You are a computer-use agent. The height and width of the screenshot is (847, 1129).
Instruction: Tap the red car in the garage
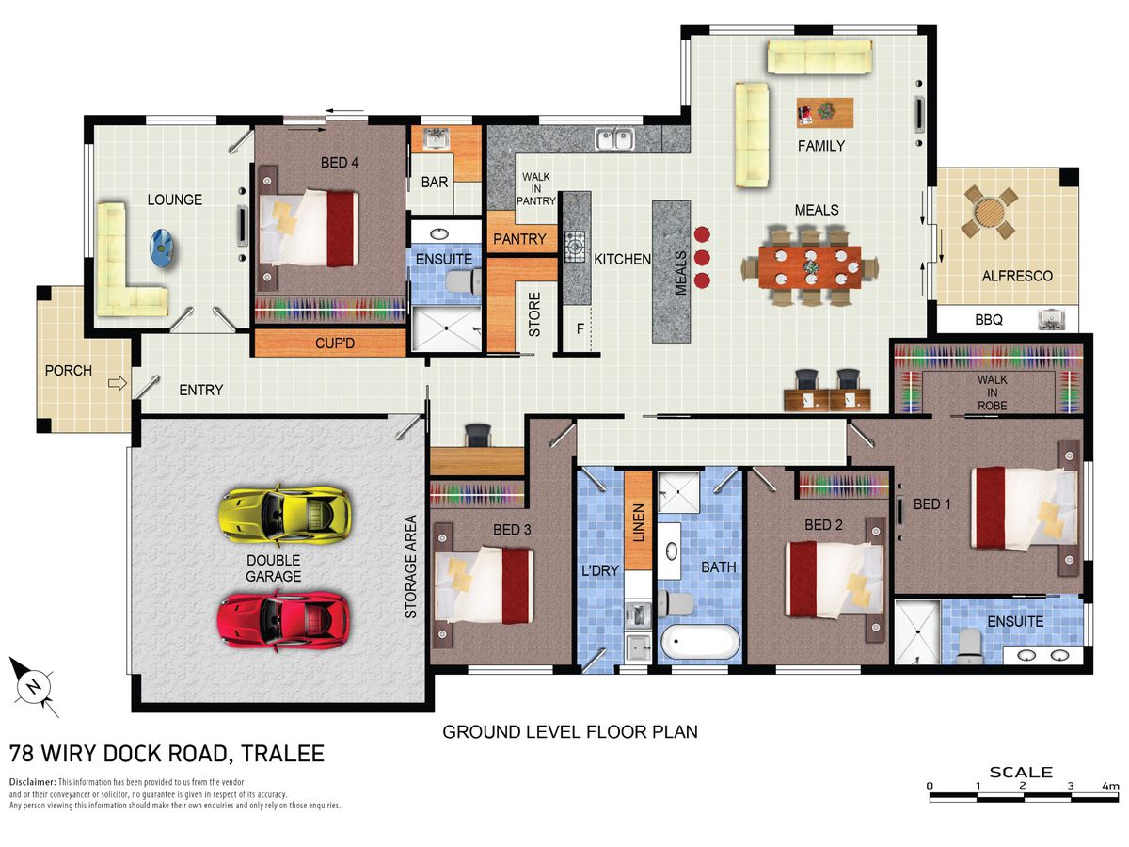click(x=283, y=621)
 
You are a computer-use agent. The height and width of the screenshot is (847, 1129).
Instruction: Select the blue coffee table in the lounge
click(x=162, y=248)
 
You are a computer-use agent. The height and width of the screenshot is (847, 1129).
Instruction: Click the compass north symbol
click(x=32, y=686)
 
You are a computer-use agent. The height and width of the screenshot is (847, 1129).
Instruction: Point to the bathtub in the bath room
click(x=700, y=642)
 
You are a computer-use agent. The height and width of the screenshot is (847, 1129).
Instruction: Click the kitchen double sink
click(x=614, y=139)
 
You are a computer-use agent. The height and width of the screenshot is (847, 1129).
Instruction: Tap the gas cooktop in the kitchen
click(x=575, y=247)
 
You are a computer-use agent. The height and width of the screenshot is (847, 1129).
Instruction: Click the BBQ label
click(x=989, y=320)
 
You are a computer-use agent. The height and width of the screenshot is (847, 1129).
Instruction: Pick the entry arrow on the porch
click(x=118, y=383)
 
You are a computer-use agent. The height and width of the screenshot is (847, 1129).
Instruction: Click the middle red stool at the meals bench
click(x=702, y=257)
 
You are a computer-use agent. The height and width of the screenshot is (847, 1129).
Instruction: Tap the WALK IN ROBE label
click(x=993, y=392)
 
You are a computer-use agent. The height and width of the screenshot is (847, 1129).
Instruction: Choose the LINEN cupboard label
click(x=638, y=522)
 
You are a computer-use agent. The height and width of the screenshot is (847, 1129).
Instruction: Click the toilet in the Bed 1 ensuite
click(x=969, y=646)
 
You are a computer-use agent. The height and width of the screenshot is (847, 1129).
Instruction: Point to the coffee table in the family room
click(x=825, y=112)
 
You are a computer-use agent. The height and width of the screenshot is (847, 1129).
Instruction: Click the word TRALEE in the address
click(x=283, y=754)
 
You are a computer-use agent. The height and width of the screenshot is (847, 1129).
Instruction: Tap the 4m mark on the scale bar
click(x=1110, y=786)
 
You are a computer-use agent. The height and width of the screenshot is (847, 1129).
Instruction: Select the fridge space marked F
click(x=580, y=328)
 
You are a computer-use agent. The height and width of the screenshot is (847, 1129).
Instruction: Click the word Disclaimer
click(x=32, y=782)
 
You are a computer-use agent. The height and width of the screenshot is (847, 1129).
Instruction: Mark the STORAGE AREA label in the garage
click(x=410, y=567)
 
